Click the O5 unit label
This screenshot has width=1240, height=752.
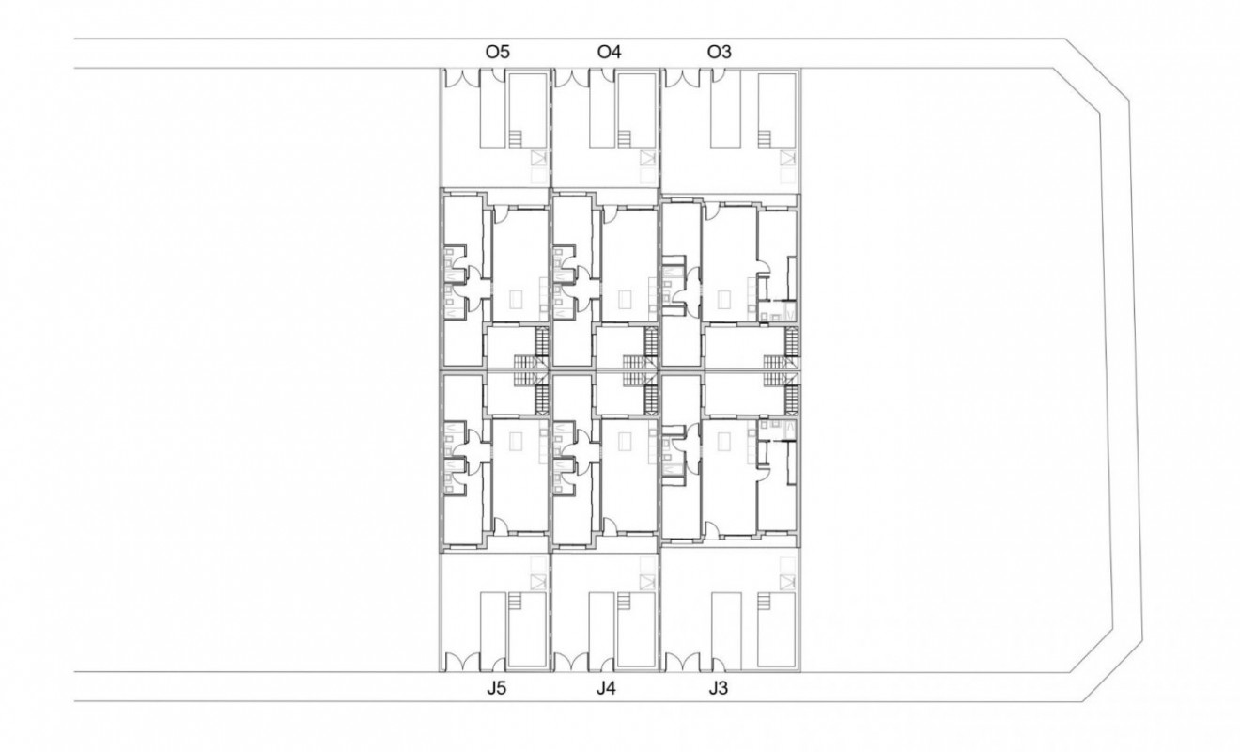point(497,53)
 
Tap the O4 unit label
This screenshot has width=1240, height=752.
point(609,53)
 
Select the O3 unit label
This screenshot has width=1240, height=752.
point(719,53)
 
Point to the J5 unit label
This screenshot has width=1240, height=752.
point(497,688)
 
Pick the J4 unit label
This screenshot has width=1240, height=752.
point(606,688)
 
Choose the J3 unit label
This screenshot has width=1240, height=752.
point(718,688)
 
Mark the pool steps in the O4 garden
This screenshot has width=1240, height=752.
point(625,139)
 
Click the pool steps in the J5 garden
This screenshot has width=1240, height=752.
point(516,601)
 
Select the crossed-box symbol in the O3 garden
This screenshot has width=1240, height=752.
point(784,158)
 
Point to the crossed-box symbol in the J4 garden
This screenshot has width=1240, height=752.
point(645,582)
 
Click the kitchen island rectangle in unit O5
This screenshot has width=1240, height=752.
point(516,300)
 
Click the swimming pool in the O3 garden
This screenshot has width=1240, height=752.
point(776,110)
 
